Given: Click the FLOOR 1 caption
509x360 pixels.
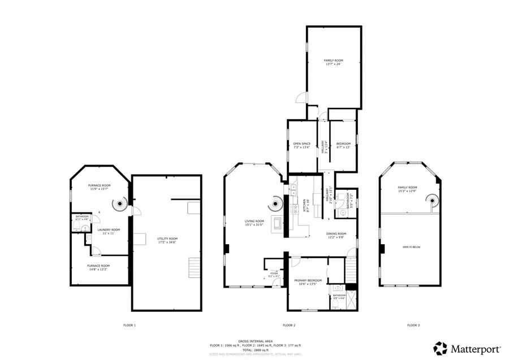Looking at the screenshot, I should click(130, 325).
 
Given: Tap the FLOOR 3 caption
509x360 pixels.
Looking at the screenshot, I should click(413, 325).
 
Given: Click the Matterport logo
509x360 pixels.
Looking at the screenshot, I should click(463, 347).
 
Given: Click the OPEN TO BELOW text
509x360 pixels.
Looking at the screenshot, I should click(411, 248).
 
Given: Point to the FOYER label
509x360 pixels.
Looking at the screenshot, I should click(274, 274).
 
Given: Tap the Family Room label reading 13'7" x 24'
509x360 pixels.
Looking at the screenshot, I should click(333, 62).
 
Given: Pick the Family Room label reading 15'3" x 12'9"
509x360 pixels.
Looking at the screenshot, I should click(407, 189).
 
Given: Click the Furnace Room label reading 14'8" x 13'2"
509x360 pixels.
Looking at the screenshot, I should click(98, 267).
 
